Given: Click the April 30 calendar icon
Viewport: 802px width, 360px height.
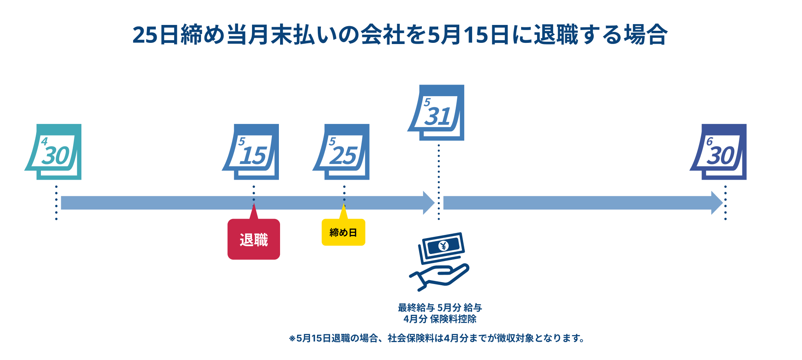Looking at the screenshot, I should [x=55, y=152].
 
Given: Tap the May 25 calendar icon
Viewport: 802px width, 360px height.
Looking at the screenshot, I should [x=342, y=152].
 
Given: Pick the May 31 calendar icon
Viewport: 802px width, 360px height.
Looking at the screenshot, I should [x=437, y=113].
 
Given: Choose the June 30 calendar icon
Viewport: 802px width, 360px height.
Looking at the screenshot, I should [x=719, y=152].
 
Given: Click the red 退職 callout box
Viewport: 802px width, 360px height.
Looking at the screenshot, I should [x=254, y=240].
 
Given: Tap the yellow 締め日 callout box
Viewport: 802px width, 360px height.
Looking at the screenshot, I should [x=343, y=233].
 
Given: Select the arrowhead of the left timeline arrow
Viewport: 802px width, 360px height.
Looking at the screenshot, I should [x=428, y=203].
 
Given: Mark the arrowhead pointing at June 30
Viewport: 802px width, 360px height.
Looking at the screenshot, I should [x=717, y=203].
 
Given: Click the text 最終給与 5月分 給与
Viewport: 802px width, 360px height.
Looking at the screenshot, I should [x=440, y=308].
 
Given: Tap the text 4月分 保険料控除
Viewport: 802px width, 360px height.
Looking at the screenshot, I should [x=440, y=319].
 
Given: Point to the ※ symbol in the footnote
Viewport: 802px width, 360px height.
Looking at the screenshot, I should [x=292, y=338].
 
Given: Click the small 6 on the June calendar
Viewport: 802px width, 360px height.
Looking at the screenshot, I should [x=709, y=141].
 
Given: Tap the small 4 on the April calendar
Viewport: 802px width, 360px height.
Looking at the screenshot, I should [x=44, y=141].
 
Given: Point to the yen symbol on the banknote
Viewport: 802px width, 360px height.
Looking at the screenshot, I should [x=443, y=246].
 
